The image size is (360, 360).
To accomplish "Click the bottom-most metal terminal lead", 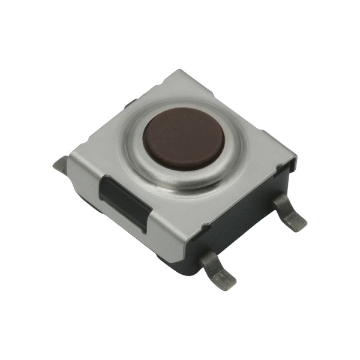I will pyautogui.click(x=216, y=267).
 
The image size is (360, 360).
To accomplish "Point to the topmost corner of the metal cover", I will pyautogui.click(x=175, y=71).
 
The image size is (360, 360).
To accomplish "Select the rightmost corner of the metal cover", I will pyautogui.click(x=296, y=157).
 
